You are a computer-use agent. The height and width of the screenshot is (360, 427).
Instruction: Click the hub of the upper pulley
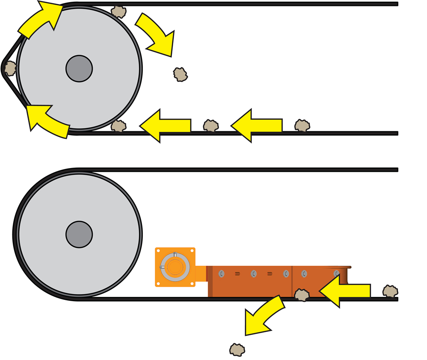click(79, 69)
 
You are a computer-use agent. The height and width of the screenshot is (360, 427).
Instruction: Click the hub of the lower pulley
click(79, 234)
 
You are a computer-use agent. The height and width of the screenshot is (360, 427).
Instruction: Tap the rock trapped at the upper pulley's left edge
click(10, 68)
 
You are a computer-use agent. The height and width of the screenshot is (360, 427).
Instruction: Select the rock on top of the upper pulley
click(119, 12)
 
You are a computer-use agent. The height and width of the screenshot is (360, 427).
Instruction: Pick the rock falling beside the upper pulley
click(180, 75)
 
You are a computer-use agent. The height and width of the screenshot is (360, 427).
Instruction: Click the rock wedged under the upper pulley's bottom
click(119, 126)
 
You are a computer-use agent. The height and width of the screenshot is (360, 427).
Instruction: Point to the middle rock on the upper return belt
click(211, 125)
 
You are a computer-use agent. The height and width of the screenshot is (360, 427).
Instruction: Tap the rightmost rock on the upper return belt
click(302, 125)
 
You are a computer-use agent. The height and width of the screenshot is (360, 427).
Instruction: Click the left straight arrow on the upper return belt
click(165, 125)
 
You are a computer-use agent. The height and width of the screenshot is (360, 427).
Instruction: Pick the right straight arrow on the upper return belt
click(256, 125)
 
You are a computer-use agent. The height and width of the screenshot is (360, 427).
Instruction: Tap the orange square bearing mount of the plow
click(175, 267)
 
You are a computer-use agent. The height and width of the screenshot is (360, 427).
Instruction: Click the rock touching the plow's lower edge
click(302, 295)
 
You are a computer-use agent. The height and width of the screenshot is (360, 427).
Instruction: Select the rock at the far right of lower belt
click(390, 291)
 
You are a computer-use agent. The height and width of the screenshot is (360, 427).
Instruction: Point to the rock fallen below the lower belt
click(237, 349)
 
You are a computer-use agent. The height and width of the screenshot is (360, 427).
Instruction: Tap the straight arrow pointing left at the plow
click(345, 291)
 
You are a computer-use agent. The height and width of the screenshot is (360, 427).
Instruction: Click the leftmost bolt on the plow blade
click(221, 273)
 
